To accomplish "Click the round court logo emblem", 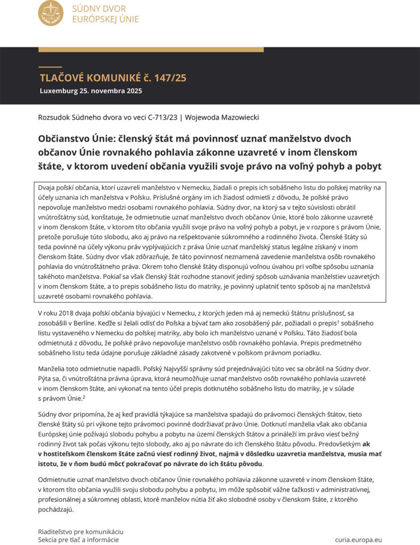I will click(x=51, y=13).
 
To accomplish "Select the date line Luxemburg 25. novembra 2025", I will click(x=91, y=90).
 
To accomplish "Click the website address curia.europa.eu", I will click(x=358, y=539).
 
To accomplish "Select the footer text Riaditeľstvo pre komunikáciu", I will click(x=81, y=531).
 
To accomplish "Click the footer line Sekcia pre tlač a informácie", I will click(x=79, y=539).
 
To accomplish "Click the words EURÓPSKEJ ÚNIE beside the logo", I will click(x=105, y=19).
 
